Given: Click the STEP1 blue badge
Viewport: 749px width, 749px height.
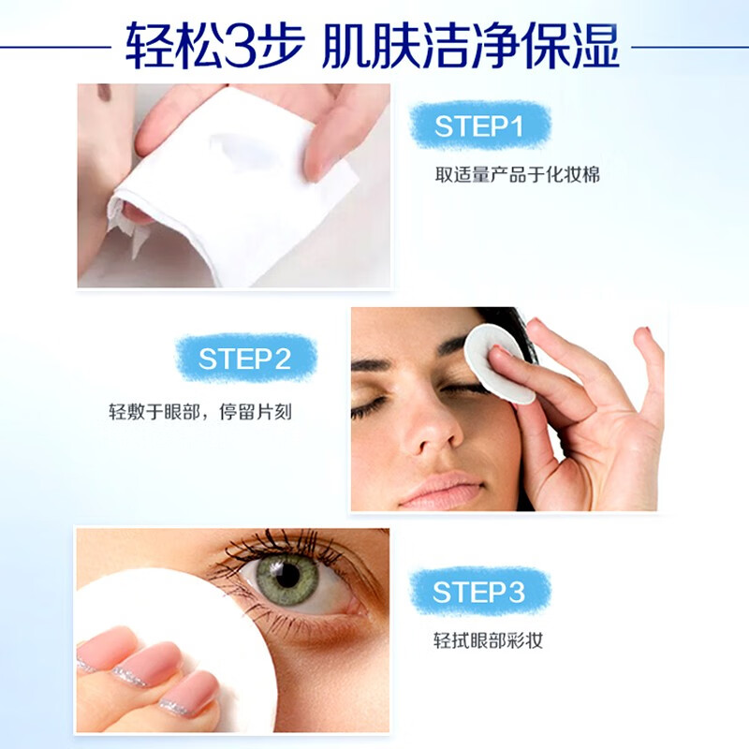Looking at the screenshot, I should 480,126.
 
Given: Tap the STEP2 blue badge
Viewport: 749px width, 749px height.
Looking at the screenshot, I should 245,359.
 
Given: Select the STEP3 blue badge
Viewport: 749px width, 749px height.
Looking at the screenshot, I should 479,591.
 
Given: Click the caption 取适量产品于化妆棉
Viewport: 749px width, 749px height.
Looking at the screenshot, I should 505,175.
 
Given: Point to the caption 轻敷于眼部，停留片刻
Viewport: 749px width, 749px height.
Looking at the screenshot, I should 200,411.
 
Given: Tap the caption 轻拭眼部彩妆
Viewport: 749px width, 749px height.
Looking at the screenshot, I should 488,641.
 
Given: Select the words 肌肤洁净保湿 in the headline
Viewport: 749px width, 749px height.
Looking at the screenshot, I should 471,45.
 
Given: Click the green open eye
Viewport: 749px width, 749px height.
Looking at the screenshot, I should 287,573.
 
